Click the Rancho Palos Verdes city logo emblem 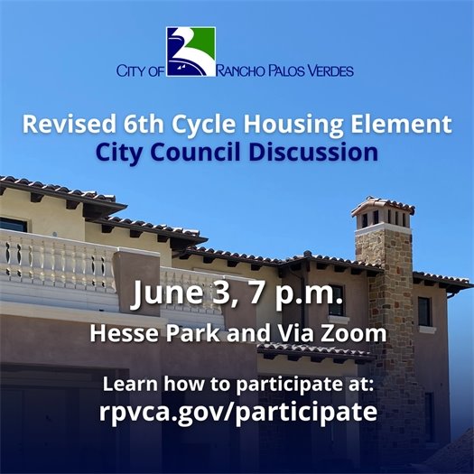tap(191, 51)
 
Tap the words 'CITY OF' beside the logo tap(140, 70)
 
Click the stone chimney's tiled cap tap(383, 206)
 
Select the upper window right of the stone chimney tap(424, 311)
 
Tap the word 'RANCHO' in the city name tap(243, 70)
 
